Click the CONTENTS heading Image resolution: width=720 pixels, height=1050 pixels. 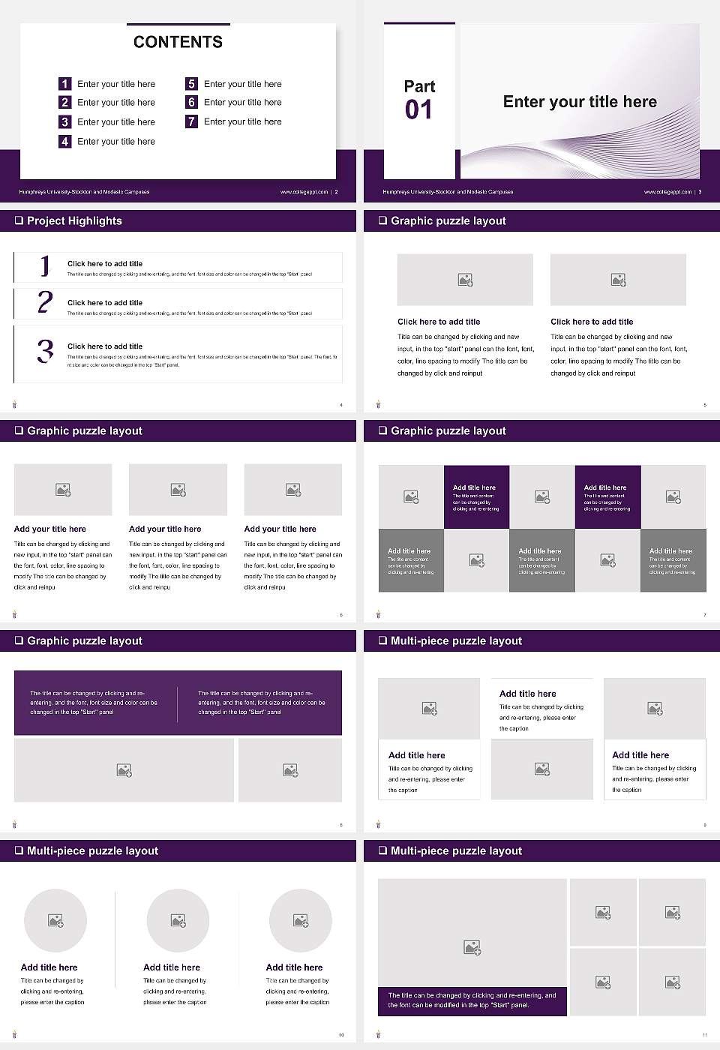point(178,42)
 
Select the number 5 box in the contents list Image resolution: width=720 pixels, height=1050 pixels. point(191,84)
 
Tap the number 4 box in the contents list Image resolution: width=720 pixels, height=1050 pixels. point(65,141)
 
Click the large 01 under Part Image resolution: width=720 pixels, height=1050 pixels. point(418,110)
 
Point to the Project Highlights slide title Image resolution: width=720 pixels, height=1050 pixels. point(74,220)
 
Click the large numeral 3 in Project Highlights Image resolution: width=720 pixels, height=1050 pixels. point(45,351)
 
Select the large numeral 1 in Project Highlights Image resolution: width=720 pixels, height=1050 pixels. point(45,265)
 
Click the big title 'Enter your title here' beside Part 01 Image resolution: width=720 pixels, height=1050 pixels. point(580,102)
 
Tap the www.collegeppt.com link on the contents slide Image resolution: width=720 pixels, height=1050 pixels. point(304,192)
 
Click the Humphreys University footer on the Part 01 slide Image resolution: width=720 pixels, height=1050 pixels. point(448,192)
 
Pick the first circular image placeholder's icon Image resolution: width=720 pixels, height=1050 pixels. point(55,920)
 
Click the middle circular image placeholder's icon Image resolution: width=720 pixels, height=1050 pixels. point(178,920)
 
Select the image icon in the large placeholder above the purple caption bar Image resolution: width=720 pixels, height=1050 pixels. point(472,948)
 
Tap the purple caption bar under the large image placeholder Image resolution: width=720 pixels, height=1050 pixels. point(472,1000)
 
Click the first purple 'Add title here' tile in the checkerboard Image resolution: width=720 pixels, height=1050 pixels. point(476,496)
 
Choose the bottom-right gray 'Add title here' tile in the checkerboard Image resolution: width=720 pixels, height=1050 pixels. point(673,560)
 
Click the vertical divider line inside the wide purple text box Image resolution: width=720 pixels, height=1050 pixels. point(178,703)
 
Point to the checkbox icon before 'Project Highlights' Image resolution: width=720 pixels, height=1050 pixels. point(19,220)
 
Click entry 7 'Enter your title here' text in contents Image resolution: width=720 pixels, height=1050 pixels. point(242,121)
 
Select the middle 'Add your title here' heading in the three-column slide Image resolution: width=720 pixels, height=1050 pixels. point(165,529)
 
